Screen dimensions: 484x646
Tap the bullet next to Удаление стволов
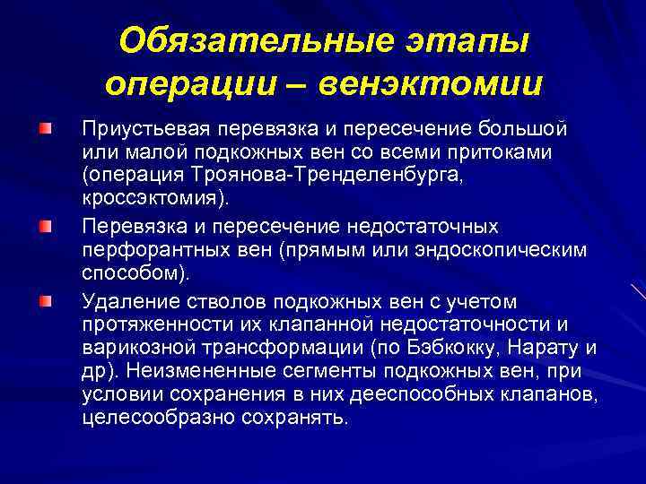pyautogui.click(x=44, y=298)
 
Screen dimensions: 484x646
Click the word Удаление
pyautogui.click(x=123, y=300)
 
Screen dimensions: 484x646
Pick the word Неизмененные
pyautogui.click(x=193, y=371)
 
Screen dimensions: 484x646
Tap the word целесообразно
pyautogui.click(x=153, y=418)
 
